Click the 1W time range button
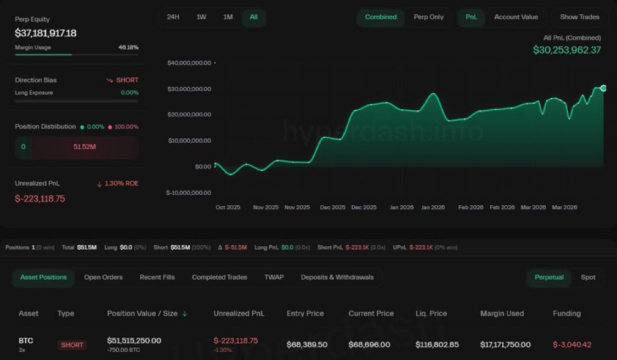pos(201,17)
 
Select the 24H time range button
pos(173,17)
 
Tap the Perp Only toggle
pos(428,17)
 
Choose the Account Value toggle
pos(516,17)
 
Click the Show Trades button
pos(579,17)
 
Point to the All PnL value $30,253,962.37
pos(567,50)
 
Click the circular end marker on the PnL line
pos(603,88)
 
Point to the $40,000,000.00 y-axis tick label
pos(189,63)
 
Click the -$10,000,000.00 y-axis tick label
pos(188,193)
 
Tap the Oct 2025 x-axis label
pos(228,207)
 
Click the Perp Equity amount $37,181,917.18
pos(46,33)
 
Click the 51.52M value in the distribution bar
pos(84,147)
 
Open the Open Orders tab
pos(103,277)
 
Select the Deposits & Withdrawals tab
pos(337,277)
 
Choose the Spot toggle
pos(588,277)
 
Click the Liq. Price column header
pos(431,313)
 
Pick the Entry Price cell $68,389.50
pos(307,345)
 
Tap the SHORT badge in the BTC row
pos(72,345)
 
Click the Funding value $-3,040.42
pos(572,345)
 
